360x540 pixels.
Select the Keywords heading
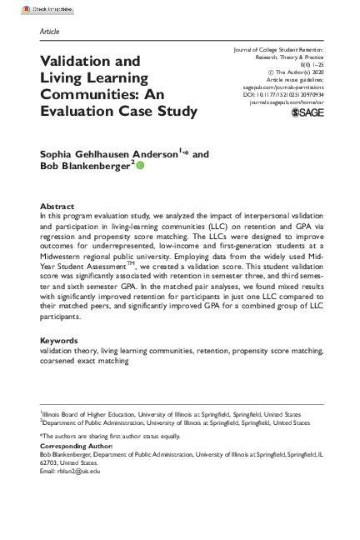[59, 364]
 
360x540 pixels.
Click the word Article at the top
[49, 31]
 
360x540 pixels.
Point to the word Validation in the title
[78, 61]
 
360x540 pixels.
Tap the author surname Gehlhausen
[110, 153]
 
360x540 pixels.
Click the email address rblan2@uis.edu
[78, 472]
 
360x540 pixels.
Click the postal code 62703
[51, 463]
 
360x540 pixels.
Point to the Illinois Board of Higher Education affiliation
[92, 414]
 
